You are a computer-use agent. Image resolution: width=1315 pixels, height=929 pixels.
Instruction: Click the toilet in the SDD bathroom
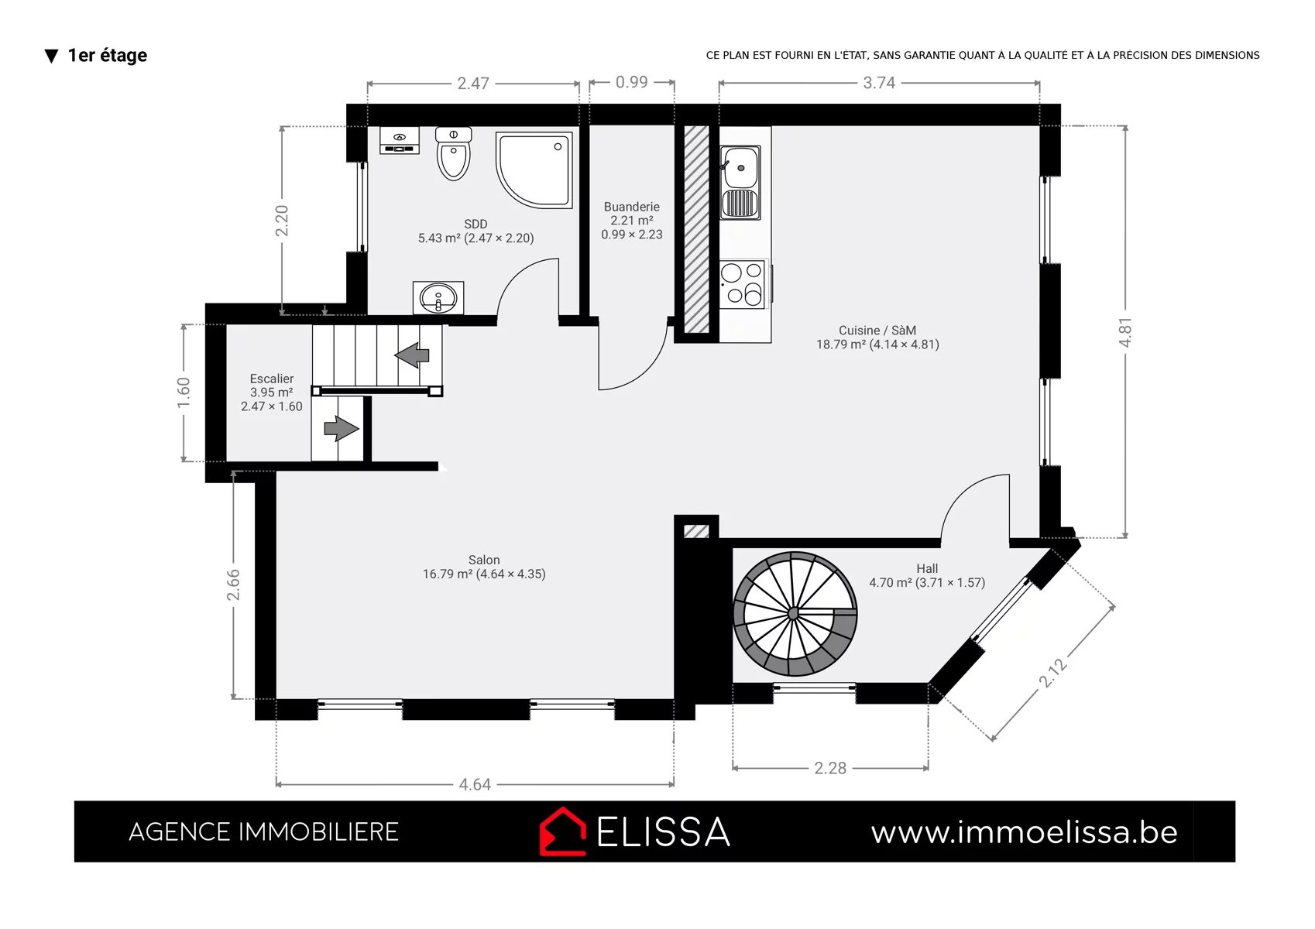point(453,153)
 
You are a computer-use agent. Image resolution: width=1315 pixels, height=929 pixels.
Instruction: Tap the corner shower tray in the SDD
point(534,170)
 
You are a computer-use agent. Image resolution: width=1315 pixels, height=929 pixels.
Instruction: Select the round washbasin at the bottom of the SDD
point(438,298)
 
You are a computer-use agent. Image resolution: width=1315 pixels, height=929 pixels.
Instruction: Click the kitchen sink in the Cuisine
point(740,183)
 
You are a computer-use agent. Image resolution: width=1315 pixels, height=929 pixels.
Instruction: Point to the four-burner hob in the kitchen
point(743,283)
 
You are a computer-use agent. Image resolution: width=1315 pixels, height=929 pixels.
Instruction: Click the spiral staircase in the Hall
point(795,614)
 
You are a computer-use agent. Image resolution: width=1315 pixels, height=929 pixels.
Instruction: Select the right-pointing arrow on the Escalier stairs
point(341,428)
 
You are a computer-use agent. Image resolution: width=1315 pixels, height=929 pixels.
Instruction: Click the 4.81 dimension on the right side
point(1124,332)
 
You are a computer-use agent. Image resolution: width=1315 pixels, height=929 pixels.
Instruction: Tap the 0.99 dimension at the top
point(632,82)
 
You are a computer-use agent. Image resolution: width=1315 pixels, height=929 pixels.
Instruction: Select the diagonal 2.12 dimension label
point(1052,673)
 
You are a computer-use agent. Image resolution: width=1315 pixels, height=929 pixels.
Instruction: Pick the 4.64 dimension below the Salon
point(475,785)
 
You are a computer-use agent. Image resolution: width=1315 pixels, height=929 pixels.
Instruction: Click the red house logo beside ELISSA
point(562,831)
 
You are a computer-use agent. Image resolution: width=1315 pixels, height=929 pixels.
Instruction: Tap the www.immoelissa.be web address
point(1025,832)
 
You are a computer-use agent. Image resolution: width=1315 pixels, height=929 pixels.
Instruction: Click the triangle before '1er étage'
point(52,57)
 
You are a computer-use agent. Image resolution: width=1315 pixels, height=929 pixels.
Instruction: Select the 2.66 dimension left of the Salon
point(233,584)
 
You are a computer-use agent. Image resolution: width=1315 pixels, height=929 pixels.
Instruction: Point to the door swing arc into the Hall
point(962,493)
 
